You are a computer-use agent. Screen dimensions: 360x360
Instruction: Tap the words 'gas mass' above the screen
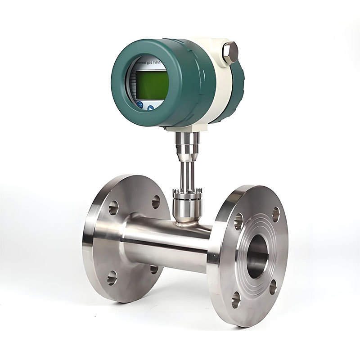pyautogui.click(x=156, y=64)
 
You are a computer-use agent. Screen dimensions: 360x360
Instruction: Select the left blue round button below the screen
pyautogui.click(x=140, y=105)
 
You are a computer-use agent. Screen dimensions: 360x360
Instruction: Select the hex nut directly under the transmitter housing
pyautogui.click(x=185, y=135)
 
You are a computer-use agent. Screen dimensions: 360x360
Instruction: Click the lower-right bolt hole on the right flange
pyautogui.click(x=273, y=287)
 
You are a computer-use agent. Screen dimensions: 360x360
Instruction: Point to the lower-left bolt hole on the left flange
pyautogui.click(x=112, y=277)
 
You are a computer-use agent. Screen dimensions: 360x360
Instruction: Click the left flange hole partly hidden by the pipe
pyautogui.click(x=154, y=269)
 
